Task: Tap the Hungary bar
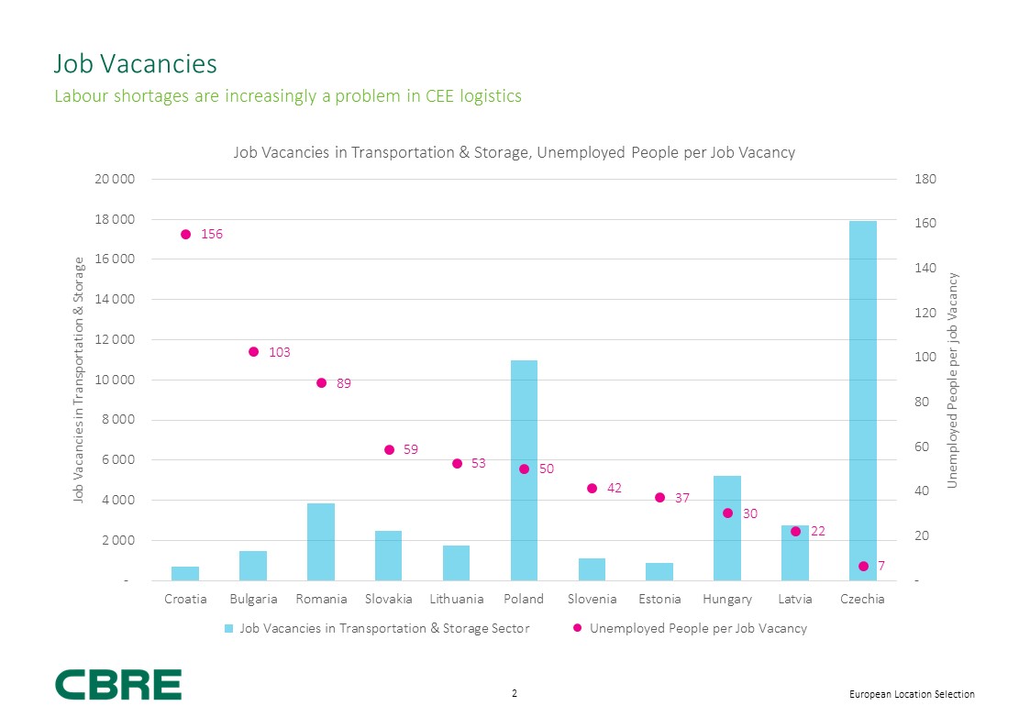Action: click(x=727, y=528)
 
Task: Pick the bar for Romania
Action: click(x=321, y=542)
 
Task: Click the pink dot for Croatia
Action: click(x=185, y=235)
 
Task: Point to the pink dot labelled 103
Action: click(x=254, y=352)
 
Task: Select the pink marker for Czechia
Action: click(x=863, y=567)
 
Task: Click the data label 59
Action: click(x=411, y=449)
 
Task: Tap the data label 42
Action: click(x=615, y=488)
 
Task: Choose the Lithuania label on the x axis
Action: click(x=456, y=600)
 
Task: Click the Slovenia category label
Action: click(x=592, y=600)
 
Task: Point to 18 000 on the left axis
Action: click(x=116, y=219)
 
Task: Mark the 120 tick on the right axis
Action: click(x=925, y=313)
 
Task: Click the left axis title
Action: click(x=79, y=381)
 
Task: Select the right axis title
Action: click(x=953, y=381)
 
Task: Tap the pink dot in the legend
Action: click(x=578, y=629)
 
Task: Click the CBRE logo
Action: click(x=118, y=685)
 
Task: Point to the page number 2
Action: click(x=515, y=694)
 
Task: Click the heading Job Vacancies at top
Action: click(x=136, y=64)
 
